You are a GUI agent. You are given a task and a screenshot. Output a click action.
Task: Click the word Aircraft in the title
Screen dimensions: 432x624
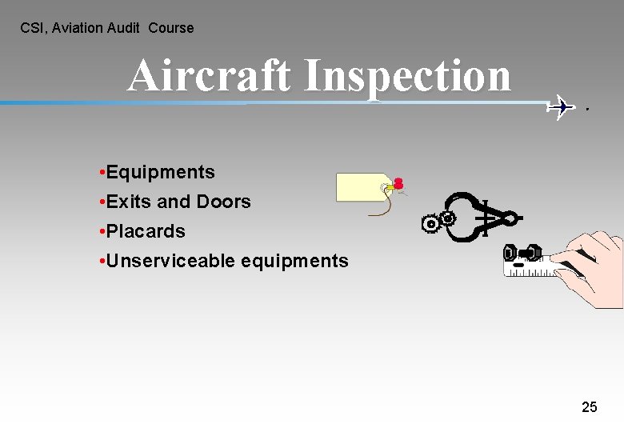pyautogui.click(x=210, y=76)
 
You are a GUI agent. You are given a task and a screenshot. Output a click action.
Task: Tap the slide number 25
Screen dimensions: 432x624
pyautogui.click(x=589, y=407)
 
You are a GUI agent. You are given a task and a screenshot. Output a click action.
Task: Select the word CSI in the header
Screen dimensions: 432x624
pyautogui.click(x=31, y=28)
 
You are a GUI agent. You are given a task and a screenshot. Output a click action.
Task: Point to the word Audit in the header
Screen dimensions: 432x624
pyautogui.click(x=123, y=28)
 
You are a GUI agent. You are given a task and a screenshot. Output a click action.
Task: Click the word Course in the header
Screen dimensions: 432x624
pyautogui.click(x=171, y=28)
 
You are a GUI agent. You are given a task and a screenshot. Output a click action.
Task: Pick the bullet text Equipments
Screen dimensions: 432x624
pyautogui.click(x=160, y=173)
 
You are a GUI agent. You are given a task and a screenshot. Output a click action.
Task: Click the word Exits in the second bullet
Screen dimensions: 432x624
pyautogui.click(x=129, y=202)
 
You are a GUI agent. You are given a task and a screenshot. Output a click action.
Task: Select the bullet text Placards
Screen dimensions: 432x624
pyautogui.click(x=146, y=232)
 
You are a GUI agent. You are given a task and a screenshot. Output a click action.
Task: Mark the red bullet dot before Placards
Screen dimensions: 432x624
pyautogui.click(x=102, y=232)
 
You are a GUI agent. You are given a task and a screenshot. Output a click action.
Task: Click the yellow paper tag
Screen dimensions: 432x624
pyautogui.click(x=360, y=186)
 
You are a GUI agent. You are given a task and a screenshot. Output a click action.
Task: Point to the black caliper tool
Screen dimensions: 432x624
pyautogui.click(x=480, y=216)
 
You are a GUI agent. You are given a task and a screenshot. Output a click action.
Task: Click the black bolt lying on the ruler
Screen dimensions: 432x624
pyautogui.click(x=522, y=254)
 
